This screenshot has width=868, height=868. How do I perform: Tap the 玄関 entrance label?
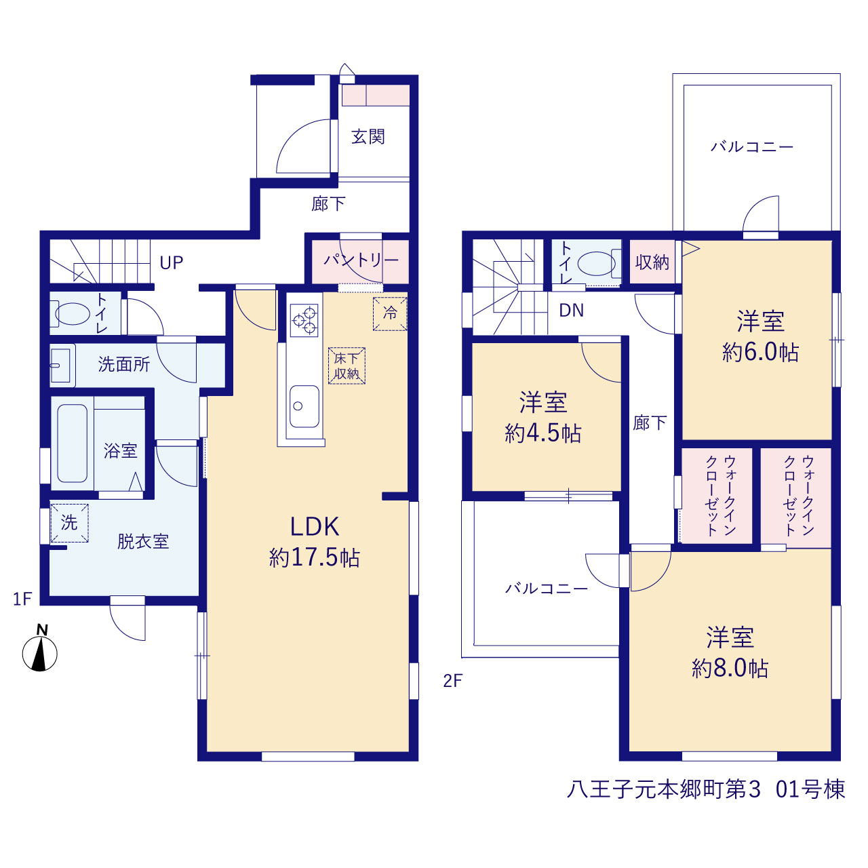pos(368,136)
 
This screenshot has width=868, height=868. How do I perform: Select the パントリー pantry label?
pos(361,260)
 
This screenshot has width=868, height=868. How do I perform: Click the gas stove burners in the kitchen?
pos(304,320)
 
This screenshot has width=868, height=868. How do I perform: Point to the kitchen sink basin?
pos(304,406)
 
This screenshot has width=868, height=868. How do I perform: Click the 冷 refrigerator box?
pos(390,314)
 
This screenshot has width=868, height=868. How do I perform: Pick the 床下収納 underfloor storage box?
pos(347,366)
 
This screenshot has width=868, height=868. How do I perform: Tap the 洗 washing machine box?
pos(69,523)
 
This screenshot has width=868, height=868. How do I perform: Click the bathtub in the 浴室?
pos(72,443)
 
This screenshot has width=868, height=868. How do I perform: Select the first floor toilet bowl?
pos(71,313)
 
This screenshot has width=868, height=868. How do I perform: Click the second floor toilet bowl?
pos(599,264)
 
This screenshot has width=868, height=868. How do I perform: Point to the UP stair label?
pos(172,262)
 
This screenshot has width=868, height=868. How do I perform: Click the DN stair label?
pos(571,311)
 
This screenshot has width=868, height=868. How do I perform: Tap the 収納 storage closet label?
pos(652,262)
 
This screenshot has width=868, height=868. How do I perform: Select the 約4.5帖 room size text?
pos(542,433)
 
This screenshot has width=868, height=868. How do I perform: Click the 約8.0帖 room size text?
pos(730,668)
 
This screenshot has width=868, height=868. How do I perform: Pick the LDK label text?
pos(315,527)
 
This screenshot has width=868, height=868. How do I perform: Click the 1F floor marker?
pos(22,599)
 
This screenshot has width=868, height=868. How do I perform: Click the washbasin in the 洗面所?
pos(62,366)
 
